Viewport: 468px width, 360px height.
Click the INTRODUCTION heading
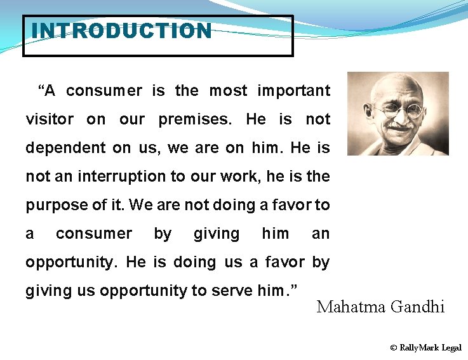coord(121,30)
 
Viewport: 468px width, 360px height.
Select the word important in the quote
coord(293,91)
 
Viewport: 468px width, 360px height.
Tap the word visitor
coord(50,119)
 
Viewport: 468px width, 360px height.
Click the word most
coord(228,91)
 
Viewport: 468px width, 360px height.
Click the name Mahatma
coord(351,307)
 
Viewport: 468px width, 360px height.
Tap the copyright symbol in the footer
coord(394,348)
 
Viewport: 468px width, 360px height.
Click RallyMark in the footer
coord(419,348)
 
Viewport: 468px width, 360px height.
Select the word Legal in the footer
coord(451,348)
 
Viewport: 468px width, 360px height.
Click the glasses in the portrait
coord(398,110)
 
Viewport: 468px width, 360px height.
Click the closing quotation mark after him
coord(294,288)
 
